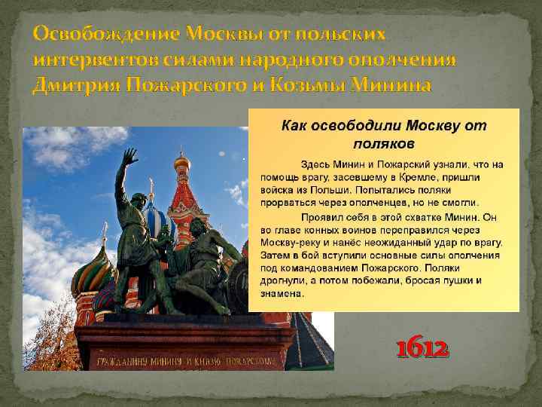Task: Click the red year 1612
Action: (422, 349)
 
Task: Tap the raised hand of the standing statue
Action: (130, 158)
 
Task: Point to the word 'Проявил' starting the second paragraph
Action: (321, 216)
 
